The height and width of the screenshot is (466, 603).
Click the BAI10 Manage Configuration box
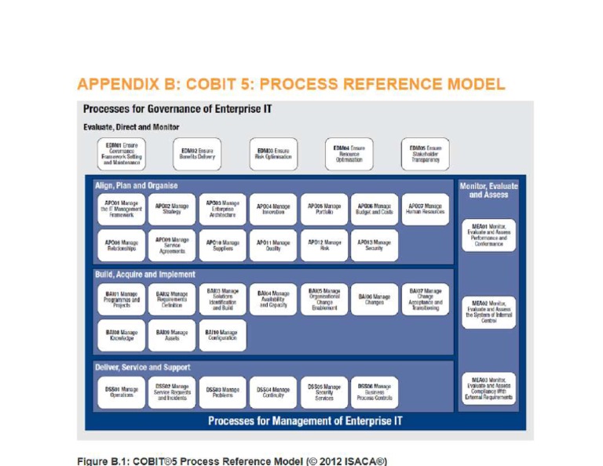pos(223,336)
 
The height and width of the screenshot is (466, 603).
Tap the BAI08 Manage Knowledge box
pos(122,336)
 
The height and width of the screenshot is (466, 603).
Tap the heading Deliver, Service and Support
pos(143,367)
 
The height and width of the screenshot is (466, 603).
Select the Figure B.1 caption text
pos(232,459)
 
